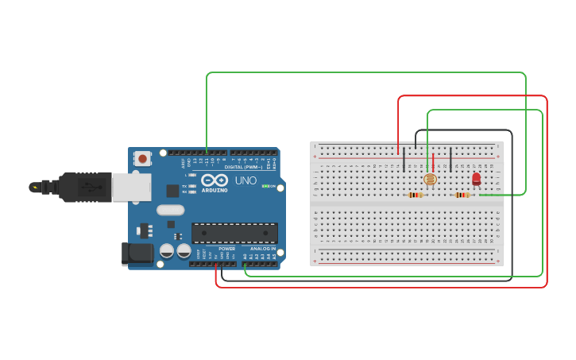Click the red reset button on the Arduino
[142, 159]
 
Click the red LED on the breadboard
[476, 179]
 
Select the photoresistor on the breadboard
[430, 180]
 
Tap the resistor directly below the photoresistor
[415, 195]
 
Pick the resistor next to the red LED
[462, 195]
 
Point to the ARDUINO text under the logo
[215, 191]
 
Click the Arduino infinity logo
[215, 180]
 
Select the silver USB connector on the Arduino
[131, 187]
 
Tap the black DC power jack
[137, 254]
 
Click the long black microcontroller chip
[234, 233]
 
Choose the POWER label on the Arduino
[226, 249]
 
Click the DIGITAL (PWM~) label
[243, 167]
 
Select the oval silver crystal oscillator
[170, 211]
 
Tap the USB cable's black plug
[83, 187]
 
